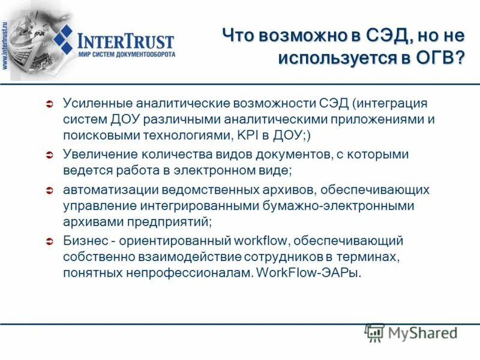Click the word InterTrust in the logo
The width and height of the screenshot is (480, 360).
[x=126, y=41]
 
